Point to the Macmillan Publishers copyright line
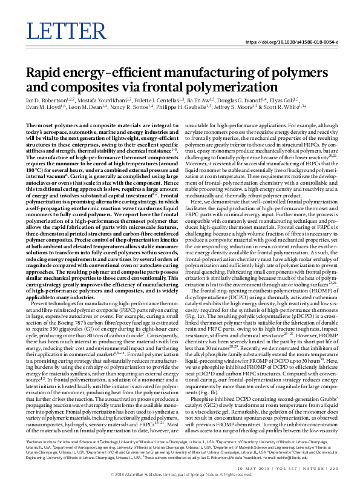[x=180, y=475]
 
